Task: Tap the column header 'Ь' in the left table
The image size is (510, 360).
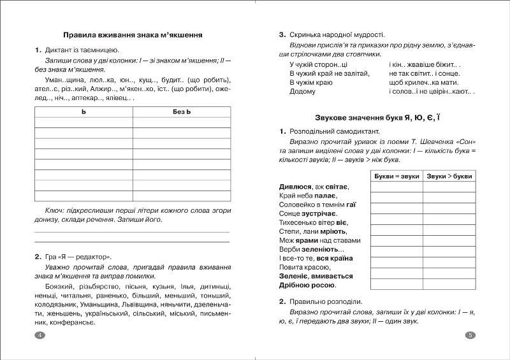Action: click(x=84, y=112)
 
